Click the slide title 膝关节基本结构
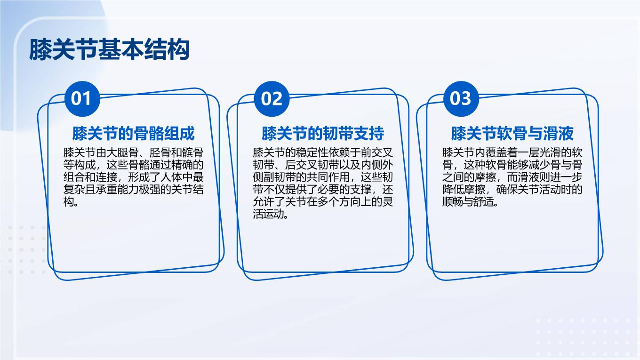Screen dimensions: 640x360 110,50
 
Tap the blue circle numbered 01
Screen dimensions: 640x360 82,98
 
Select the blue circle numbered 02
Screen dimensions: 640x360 272,98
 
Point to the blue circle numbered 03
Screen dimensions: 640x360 461,98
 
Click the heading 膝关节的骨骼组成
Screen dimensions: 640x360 134,133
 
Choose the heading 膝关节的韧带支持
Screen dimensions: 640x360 323,133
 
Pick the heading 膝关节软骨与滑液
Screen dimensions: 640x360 512,133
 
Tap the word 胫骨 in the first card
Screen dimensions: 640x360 160,152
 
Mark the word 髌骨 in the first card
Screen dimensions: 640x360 193,152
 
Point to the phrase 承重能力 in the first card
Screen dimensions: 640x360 128,190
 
